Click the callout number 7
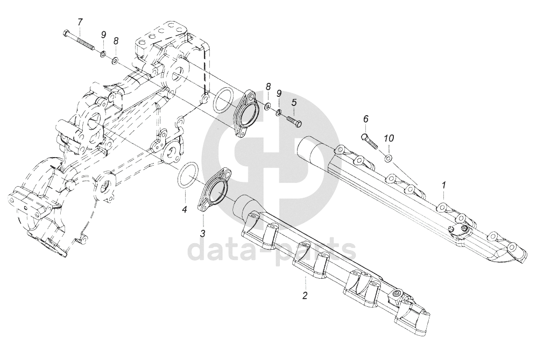(80, 22)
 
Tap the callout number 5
(294, 102)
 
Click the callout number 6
(366, 119)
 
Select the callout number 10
(388, 138)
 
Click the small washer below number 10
(388, 158)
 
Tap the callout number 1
(444, 185)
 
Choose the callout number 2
(305, 295)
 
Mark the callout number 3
(203, 233)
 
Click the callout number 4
(184, 209)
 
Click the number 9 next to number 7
(103, 35)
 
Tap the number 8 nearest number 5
(267, 87)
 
